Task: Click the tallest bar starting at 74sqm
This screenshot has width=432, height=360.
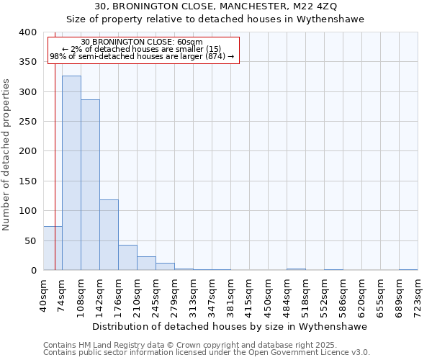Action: [x=71, y=173]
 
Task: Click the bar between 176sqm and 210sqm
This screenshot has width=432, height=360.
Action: [x=127, y=258]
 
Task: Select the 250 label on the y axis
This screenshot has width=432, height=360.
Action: [x=27, y=122]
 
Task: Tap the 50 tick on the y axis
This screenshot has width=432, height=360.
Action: [x=30, y=240]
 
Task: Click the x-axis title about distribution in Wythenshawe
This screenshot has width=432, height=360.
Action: [x=230, y=326]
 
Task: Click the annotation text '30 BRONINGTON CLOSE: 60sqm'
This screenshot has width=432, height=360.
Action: [x=143, y=42]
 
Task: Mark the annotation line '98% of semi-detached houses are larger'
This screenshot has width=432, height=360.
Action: [x=143, y=56]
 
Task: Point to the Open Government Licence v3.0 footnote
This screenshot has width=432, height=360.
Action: [x=207, y=353]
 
